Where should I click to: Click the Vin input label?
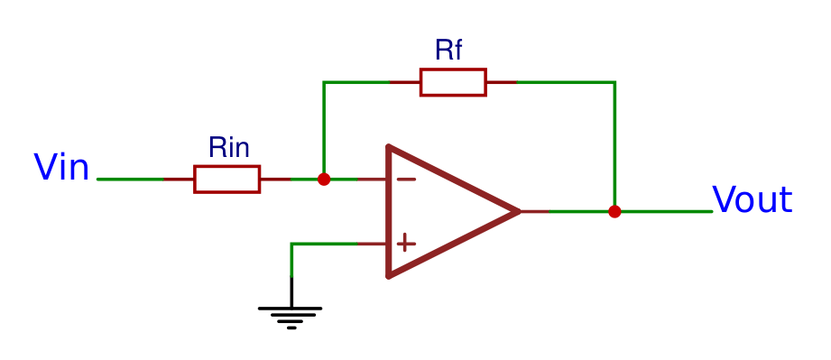(x=60, y=168)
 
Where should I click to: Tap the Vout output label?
(x=752, y=199)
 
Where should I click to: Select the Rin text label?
(x=228, y=148)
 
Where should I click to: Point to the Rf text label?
(x=448, y=50)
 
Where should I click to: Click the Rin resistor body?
(x=226, y=179)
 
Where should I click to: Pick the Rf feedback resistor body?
(x=453, y=82)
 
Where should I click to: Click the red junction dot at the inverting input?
(x=324, y=179)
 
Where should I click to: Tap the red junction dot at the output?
(x=614, y=211)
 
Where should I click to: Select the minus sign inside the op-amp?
(x=406, y=179)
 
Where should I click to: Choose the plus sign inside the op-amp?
(x=406, y=243)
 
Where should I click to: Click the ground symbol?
(x=291, y=315)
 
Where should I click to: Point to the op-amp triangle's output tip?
(x=518, y=211)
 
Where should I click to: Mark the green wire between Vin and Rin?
(x=130, y=179)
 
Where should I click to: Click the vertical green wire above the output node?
(x=614, y=144)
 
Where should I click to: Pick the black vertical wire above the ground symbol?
(x=291, y=291)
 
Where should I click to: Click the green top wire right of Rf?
(x=565, y=82)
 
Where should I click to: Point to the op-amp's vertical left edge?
(x=389, y=211)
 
